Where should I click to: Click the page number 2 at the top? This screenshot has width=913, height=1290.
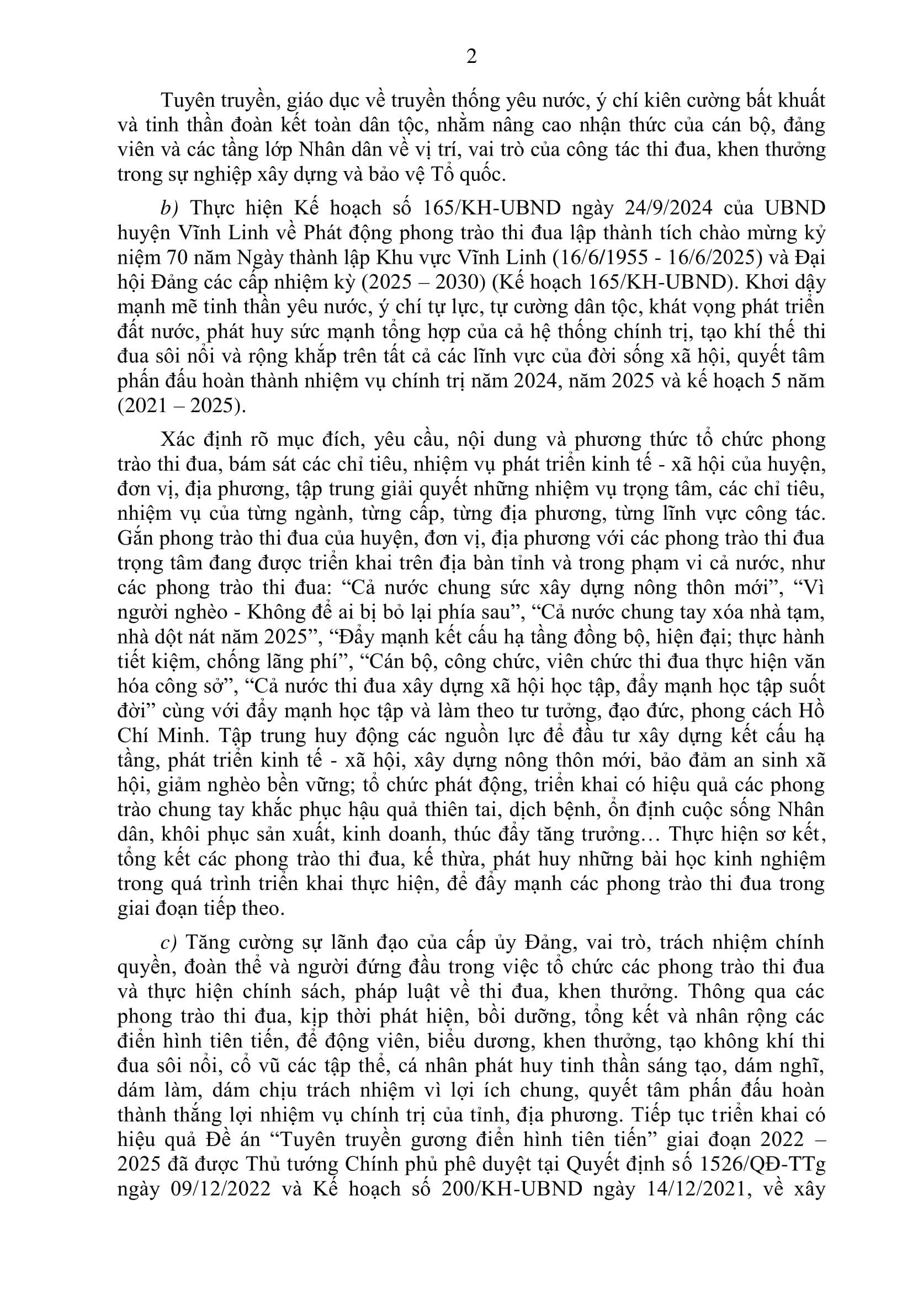pyautogui.click(x=471, y=56)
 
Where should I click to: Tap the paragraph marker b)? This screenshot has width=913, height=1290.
pyautogui.click(x=169, y=208)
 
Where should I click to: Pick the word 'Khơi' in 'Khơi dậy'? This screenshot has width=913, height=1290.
pyautogui.click(x=766, y=282)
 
